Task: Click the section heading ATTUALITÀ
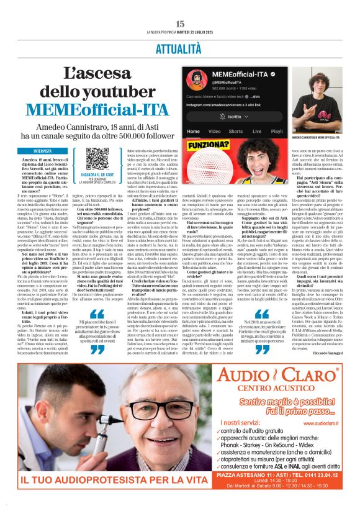coord(179,47)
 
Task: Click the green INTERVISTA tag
coord(43,151)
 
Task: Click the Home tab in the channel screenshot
coord(194,132)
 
